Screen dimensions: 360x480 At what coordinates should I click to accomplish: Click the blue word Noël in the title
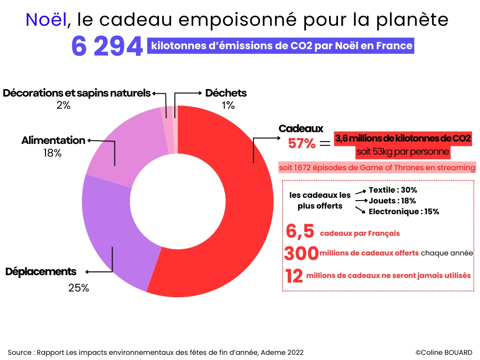point(46,19)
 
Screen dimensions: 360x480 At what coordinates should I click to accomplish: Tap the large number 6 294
point(107,47)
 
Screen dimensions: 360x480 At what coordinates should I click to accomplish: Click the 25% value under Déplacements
point(78,288)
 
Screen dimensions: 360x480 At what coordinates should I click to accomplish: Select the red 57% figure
point(301,143)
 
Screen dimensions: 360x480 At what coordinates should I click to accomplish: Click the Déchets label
point(226,93)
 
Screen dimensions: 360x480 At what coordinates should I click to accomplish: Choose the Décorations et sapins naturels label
point(77,93)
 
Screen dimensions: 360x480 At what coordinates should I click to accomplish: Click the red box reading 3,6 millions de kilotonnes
point(403,139)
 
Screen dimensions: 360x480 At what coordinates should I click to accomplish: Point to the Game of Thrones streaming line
point(377,167)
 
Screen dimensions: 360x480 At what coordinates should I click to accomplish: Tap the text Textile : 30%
point(393,190)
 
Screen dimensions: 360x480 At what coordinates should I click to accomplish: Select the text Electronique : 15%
point(404,211)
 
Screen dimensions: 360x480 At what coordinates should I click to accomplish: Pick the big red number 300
point(301,254)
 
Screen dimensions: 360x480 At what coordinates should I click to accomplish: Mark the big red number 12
point(294,276)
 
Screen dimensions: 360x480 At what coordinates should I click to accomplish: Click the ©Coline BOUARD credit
point(443,352)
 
